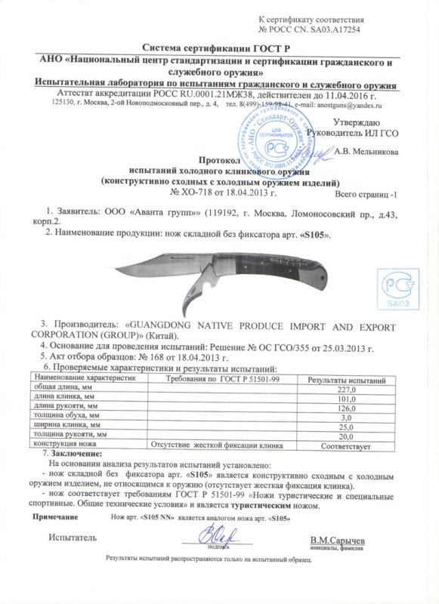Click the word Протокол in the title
point(218,161)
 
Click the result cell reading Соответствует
point(345,445)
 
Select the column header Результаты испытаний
point(345,376)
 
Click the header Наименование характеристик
point(84,376)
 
